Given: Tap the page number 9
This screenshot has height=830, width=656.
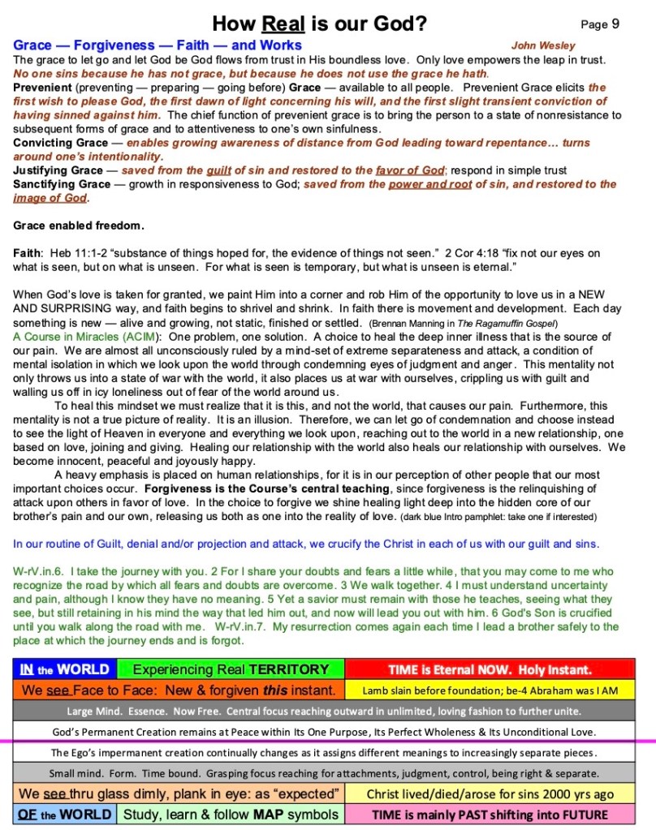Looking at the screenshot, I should pos(615,24).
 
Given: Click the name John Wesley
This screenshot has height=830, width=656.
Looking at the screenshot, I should pos(543,45).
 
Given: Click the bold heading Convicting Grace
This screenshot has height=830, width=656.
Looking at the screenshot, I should pos(61,143).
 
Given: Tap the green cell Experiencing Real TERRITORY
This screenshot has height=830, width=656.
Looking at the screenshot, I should pos(231,669).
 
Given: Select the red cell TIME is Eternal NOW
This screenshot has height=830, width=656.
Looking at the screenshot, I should pos(490,669).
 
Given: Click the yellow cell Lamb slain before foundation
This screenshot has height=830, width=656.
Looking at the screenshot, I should pos(490,690).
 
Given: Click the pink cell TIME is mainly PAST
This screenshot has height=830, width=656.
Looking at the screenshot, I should pos(490,814).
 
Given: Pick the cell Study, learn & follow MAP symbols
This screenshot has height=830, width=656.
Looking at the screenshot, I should pos(231,814).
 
